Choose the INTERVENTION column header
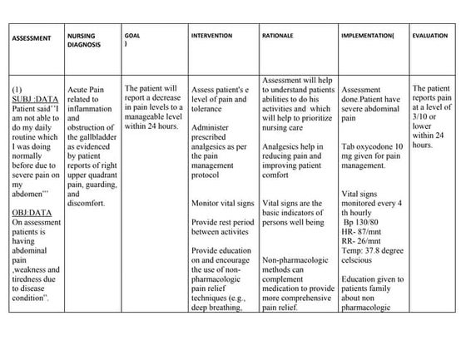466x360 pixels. point(211,37)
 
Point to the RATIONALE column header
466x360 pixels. point(278,37)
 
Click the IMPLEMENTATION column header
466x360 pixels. point(367,37)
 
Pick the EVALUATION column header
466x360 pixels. point(429,37)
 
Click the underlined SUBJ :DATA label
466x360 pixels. point(34,97)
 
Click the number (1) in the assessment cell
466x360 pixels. point(17,87)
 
